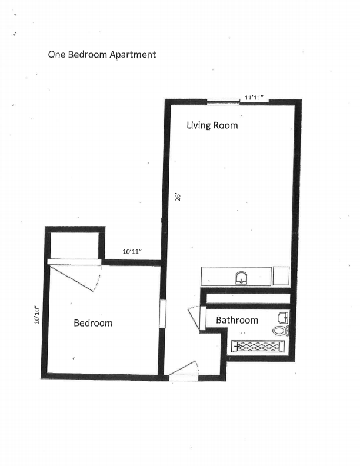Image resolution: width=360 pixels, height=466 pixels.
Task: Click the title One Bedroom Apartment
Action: [102, 55]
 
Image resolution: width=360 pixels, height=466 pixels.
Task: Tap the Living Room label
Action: [212, 125]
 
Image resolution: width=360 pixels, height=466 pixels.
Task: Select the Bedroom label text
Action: [93, 323]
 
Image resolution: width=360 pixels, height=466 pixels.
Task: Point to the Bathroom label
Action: [237, 320]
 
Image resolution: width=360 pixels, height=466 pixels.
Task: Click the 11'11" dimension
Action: [254, 98]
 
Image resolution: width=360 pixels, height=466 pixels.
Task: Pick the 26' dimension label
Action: [178, 197]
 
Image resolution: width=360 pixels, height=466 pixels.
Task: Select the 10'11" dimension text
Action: [132, 252]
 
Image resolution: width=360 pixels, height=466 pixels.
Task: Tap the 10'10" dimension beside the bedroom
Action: [37, 315]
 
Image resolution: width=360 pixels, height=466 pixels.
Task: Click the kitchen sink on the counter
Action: [242, 278]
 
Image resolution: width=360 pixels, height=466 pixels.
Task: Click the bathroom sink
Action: [283, 318]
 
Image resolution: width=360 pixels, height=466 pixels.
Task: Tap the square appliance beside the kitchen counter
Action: [281, 276]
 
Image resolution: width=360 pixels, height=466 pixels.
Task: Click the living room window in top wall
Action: [223, 102]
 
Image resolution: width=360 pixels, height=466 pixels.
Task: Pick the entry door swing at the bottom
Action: [184, 368]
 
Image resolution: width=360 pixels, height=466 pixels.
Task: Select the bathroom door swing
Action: [194, 318]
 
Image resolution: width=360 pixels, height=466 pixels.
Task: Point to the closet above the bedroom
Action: [74, 246]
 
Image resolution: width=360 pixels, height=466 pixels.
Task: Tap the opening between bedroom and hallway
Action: [162, 314]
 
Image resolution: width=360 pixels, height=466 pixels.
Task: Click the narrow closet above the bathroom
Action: [248, 299]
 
